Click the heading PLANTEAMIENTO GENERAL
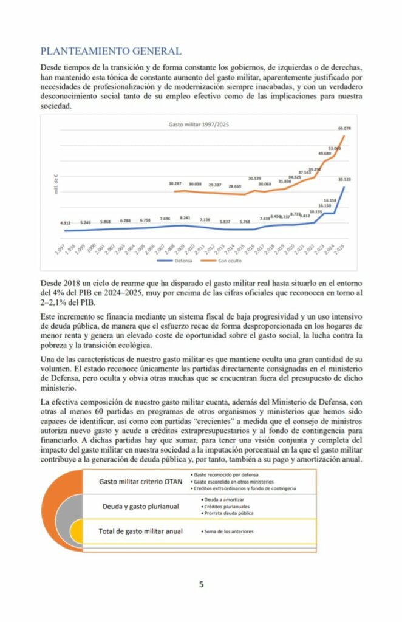pyautogui.click(x=111, y=51)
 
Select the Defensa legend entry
pyautogui.click(x=177, y=261)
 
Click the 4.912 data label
pyautogui.click(x=66, y=224)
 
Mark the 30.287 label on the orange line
pyautogui.click(x=175, y=183)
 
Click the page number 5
pyautogui.click(x=201, y=584)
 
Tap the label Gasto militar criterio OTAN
pyautogui.click(x=140, y=482)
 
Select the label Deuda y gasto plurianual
pyautogui.click(x=140, y=506)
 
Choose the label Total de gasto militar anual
pyautogui.click(x=140, y=531)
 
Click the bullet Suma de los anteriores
pyautogui.click(x=229, y=531)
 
